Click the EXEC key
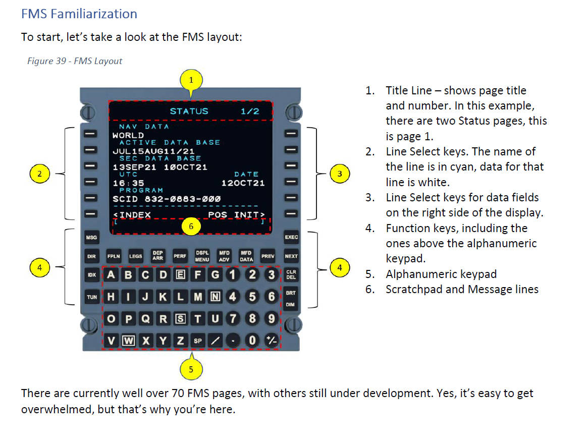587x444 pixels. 291,237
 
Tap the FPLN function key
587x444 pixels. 114,256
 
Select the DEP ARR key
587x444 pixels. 157,256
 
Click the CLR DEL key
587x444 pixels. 291,274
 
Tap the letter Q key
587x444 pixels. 146,318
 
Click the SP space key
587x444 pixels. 198,341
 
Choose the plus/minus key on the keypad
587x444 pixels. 271,340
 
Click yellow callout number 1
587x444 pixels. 191,80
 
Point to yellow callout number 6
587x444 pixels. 191,226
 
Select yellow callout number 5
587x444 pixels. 191,369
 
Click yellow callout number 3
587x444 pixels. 340,174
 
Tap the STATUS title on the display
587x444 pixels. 189,111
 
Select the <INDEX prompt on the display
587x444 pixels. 132,214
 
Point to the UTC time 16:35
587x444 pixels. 128,183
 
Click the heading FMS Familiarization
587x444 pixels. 79,14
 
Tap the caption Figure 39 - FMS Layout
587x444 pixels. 75,61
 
